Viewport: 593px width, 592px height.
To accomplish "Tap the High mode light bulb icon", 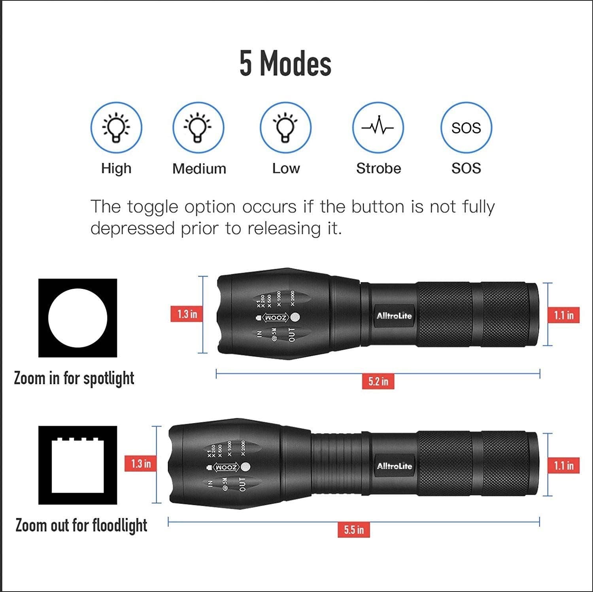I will coord(116,127).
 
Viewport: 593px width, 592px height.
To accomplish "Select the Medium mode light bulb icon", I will coord(198,127).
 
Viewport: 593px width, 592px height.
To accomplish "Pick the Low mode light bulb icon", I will coord(285,127).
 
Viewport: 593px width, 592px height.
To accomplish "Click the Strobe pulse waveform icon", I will coord(378,127).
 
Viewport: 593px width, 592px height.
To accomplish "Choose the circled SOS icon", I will coord(466,127).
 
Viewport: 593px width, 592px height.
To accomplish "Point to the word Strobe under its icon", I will coord(378,169).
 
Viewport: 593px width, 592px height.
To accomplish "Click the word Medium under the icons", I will coord(199,169).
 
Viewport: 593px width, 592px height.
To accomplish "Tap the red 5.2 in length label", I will coord(378,381).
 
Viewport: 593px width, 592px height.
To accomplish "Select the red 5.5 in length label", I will coord(353,529).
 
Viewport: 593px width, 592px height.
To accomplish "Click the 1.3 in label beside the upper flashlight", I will coord(187,314).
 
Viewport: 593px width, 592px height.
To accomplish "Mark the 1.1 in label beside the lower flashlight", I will coord(563,465).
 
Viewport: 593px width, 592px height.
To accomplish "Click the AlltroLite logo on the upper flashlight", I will coord(394,316).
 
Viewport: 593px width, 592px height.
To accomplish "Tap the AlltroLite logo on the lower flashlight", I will coord(394,466).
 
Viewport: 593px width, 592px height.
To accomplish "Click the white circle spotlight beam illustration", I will coord(77,318).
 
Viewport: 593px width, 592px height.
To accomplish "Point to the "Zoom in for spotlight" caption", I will coord(74,378).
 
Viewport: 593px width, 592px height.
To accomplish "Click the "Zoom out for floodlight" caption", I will coord(81,526).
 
